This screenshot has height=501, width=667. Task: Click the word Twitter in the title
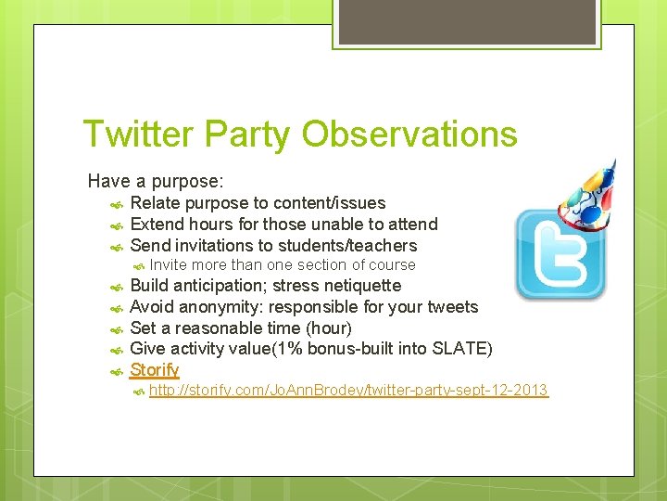click(139, 135)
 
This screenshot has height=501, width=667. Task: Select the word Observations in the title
click(409, 135)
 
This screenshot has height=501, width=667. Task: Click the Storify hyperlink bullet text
click(154, 370)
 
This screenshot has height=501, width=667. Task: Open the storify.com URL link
click(348, 391)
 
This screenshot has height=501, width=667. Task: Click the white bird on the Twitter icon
click(561, 255)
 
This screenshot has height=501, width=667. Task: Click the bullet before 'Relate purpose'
click(116, 204)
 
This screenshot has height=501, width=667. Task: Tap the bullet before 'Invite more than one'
click(136, 266)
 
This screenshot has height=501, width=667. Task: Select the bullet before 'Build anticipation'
click(116, 287)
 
